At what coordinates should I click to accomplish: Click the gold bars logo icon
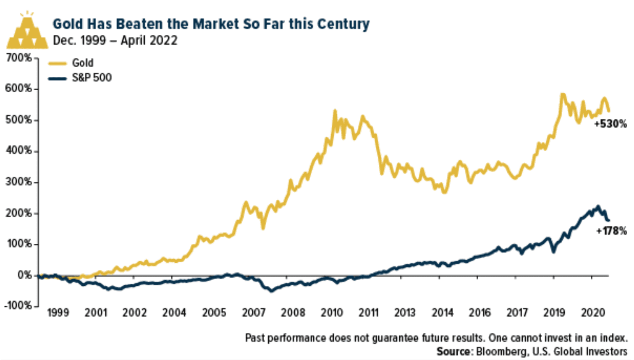click(27, 31)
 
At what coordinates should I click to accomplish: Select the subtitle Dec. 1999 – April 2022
click(115, 41)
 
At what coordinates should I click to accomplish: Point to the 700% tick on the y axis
click(18, 58)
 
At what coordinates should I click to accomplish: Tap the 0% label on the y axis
click(24, 275)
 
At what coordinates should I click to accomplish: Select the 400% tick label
click(18, 151)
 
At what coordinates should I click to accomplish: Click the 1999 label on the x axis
click(58, 313)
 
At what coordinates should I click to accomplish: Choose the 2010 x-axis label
click(332, 313)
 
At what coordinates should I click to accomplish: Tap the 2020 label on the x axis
click(593, 313)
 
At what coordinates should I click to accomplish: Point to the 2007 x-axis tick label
click(254, 313)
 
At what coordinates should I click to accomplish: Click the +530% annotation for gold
click(610, 124)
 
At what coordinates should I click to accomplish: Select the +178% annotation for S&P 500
click(611, 231)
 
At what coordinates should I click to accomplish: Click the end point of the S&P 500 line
click(608, 220)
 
